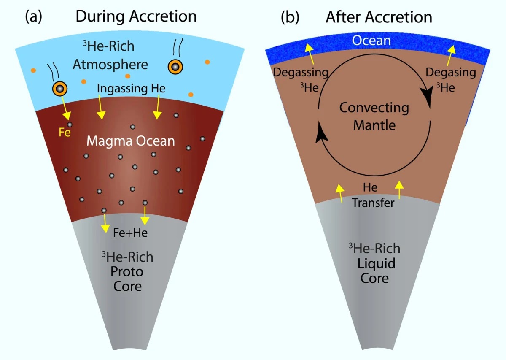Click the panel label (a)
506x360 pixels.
point(33,16)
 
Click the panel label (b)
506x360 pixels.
point(290,17)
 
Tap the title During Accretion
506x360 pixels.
point(136,16)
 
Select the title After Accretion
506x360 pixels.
point(379,17)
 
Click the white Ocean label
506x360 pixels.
point(371,41)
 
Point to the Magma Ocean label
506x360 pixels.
point(131,141)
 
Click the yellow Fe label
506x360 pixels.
point(65,132)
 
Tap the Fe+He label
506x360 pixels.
point(130,233)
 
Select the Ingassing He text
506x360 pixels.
point(131,88)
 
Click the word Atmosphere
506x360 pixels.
point(110,65)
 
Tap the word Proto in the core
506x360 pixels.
point(127,272)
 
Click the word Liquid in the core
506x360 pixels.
point(376,263)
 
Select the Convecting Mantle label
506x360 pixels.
point(374,116)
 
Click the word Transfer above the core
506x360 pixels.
point(373,203)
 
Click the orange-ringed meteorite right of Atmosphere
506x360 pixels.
point(175,67)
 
